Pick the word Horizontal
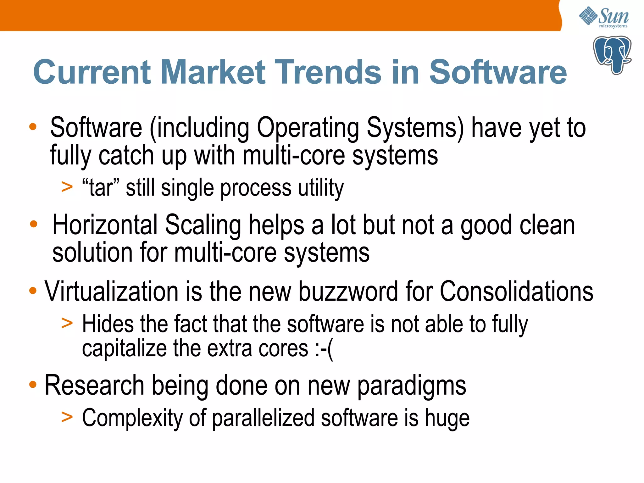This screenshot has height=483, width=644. [105, 225]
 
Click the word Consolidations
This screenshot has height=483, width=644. [516, 291]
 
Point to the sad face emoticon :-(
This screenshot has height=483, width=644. [324, 349]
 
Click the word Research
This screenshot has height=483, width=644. [94, 386]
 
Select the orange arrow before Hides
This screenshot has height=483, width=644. [67, 323]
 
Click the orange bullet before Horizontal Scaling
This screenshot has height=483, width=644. [34, 225]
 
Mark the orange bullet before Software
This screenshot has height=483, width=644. [33, 127]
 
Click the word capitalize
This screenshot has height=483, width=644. [124, 349]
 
